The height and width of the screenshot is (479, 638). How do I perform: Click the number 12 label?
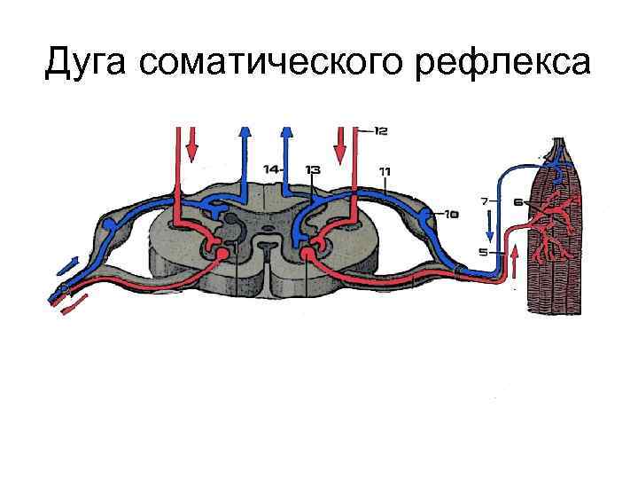tap(379, 131)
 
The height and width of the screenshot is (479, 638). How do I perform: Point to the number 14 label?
tap(272, 169)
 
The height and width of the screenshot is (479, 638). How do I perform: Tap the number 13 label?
tap(312, 169)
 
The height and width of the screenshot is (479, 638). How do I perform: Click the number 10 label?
tap(451, 214)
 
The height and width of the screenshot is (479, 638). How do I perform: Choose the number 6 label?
tap(519, 201)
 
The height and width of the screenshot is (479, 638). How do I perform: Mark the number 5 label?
tap(483, 252)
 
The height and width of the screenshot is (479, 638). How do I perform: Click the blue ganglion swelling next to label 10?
tap(429, 216)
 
